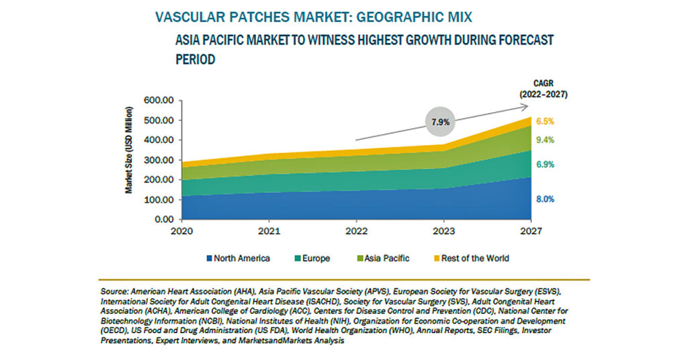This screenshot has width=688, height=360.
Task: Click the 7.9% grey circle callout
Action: click(x=440, y=122)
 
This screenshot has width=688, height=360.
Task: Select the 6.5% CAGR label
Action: click(x=545, y=122)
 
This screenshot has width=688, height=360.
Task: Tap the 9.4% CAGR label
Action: click(x=545, y=140)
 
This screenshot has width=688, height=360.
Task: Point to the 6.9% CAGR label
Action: click(x=545, y=165)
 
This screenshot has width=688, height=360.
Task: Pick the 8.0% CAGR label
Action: click(x=545, y=199)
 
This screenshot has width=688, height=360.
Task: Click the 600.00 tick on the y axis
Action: click(x=159, y=101)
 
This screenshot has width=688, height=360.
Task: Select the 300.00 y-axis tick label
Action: click(x=159, y=160)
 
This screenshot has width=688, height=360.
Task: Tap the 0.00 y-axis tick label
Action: click(x=164, y=219)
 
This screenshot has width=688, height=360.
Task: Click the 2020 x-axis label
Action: click(x=181, y=231)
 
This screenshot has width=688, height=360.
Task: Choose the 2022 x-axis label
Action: click(x=356, y=231)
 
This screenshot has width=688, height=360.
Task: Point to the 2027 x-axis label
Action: click(x=531, y=231)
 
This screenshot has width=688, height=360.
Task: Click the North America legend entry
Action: click(x=239, y=259)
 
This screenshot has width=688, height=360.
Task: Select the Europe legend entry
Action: click(x=312, y=259)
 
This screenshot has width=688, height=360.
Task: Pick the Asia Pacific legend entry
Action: click(x=384, y=259)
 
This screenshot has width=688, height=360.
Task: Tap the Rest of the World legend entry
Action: click(x=472, y=259)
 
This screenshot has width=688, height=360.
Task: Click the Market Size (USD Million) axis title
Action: click(x=128, y=150)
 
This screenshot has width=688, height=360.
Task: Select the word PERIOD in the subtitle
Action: click(x=196, y=59)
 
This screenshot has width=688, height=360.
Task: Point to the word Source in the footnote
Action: click(x=114, y=291)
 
